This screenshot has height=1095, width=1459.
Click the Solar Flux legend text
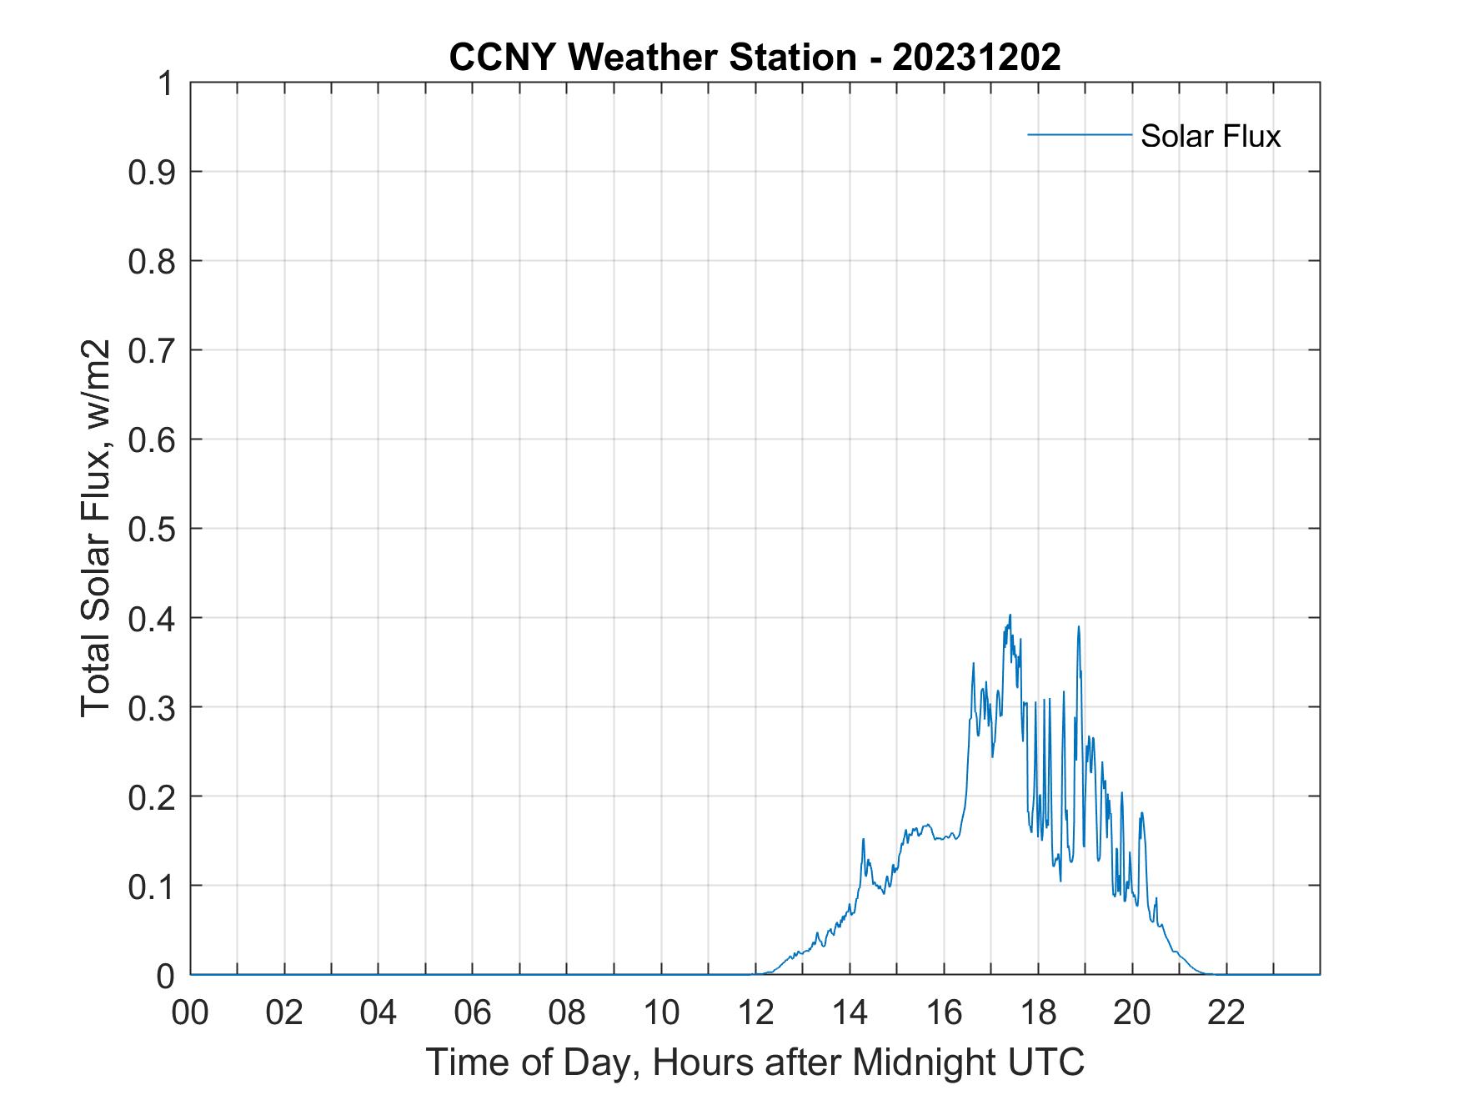point(1210,136)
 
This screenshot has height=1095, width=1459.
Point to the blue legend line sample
point(1079,134)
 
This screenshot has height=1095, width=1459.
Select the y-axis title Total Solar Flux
point(97,528)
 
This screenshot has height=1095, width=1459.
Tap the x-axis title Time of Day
point(755,1062)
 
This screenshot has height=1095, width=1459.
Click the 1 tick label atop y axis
point(165,83)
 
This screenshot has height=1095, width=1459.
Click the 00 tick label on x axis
point(190,1012)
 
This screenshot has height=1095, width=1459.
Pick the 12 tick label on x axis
point(755,1012)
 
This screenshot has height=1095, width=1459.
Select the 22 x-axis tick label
point(1226,1012)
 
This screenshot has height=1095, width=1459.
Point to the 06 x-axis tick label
point(473,1012)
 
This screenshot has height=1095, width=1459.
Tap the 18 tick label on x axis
point(1038,1012)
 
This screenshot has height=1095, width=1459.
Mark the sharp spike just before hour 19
point(1078,627)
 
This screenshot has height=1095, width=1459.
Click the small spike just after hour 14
point(863,839)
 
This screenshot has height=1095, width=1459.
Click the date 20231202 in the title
point(976,58)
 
